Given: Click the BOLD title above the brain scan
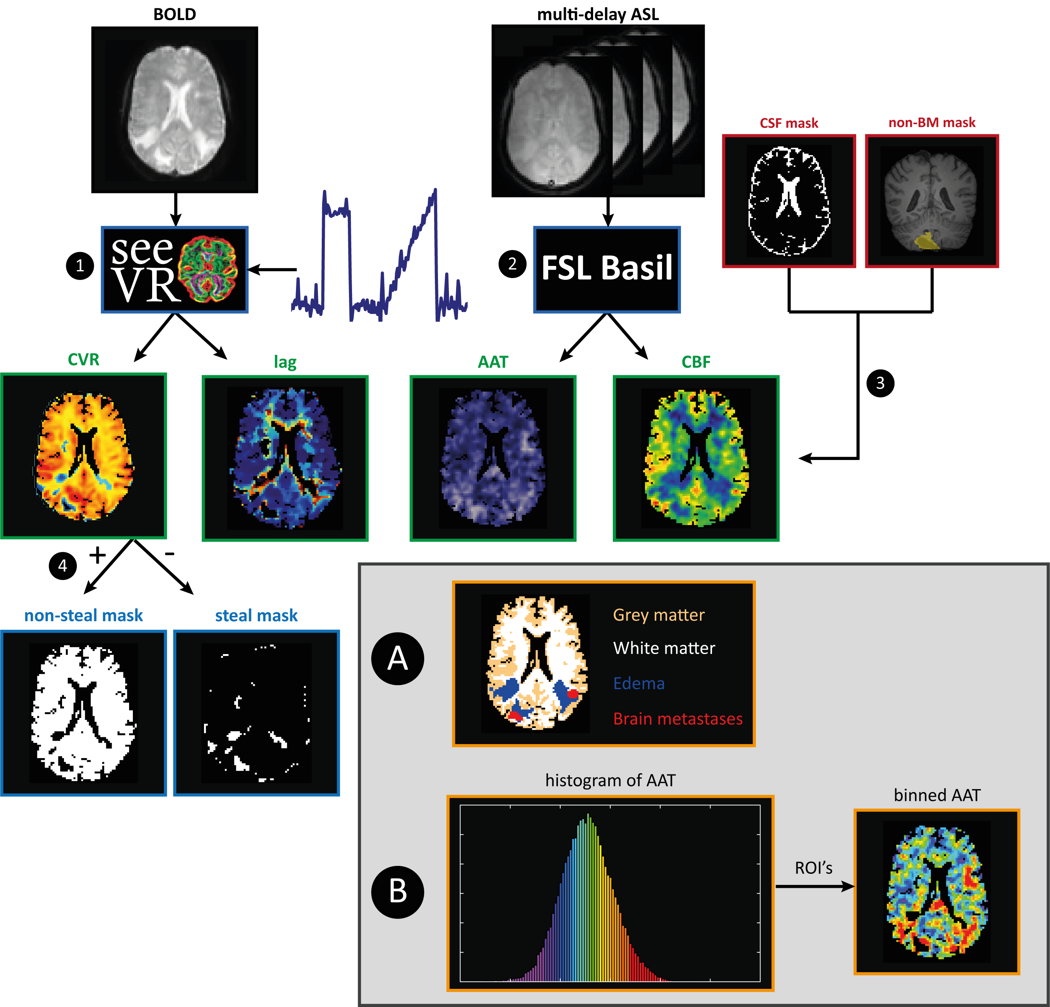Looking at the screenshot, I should [174, 14].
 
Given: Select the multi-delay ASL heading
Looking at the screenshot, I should [598, 14].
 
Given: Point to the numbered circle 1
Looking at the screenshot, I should [80, 266].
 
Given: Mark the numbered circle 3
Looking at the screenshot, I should [880, 383].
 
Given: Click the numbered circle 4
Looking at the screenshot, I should [63, 566].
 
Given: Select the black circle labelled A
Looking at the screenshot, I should [397, 659].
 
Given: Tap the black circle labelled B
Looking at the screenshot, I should [397, 892].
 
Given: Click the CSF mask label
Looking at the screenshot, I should [788, 123].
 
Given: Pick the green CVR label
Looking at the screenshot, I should [84, 359].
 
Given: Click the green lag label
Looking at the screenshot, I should [285, 362].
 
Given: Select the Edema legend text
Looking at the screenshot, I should [639, 683].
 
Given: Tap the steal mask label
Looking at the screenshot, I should [256, 615].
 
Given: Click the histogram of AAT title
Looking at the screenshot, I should [610, 780].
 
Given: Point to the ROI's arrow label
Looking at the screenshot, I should [813, 868].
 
